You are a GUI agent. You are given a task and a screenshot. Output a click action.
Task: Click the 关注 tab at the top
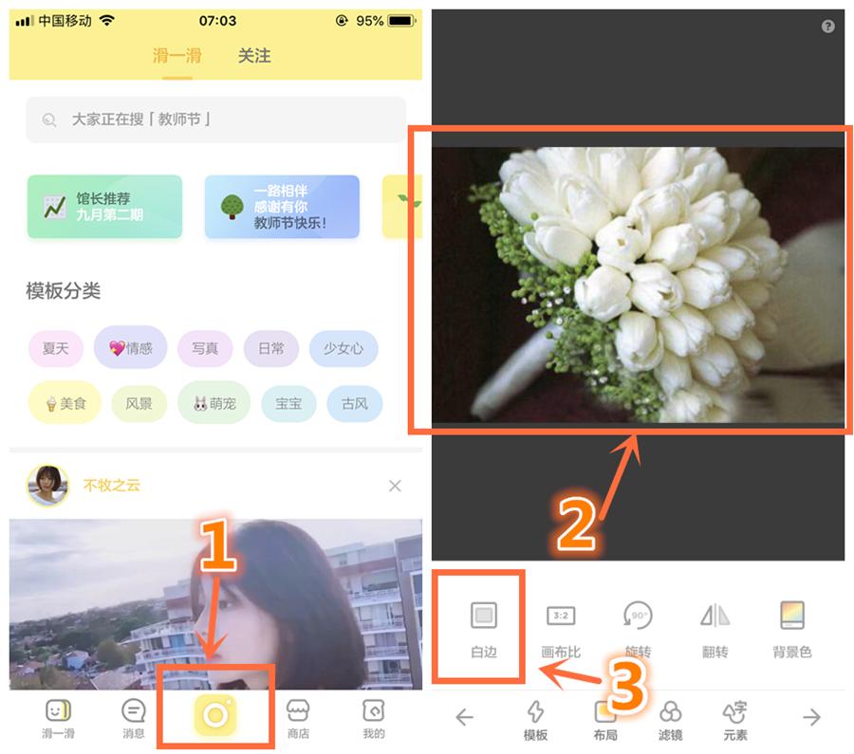[254, 56]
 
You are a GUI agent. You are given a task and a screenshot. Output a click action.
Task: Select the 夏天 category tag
[56, 348]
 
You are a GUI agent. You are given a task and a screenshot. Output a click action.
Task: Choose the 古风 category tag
[354, 403]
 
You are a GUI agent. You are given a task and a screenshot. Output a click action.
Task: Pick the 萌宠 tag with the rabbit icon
[213, 403]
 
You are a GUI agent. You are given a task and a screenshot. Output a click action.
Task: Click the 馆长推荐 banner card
[104, 207]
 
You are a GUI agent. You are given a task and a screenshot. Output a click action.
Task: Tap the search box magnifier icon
[49, 120]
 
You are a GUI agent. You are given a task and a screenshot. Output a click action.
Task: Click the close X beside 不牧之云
[395, 486]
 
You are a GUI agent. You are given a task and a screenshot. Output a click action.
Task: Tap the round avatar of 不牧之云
[47, 486]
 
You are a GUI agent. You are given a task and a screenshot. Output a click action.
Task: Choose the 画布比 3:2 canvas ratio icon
[561, 616]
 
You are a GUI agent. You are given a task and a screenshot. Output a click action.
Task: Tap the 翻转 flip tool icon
[715, 616]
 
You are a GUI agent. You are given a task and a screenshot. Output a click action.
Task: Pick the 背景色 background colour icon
[791, 616]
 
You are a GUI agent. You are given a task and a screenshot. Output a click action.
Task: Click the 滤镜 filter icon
[670, 712]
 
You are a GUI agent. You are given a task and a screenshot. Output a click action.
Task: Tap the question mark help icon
[827, 27]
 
